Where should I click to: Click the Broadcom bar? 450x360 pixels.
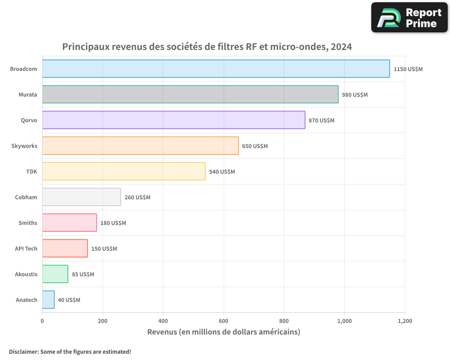[216, 69]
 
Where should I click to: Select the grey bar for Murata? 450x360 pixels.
[190, 94]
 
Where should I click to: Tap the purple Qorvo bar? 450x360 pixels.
[174, 120]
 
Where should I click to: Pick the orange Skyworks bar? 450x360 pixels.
[140, 146]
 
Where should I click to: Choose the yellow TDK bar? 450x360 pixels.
[124, 171]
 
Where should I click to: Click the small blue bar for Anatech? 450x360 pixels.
[48, 300]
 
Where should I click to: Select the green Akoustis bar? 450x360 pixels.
[55, 274]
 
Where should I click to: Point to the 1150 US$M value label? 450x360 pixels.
[408, 69]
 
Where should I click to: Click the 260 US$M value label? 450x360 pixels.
[137, 198]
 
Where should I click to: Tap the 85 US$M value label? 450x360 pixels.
[83, 274]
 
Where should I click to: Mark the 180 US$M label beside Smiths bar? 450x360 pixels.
[113, 223]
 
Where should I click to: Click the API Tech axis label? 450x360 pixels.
[26, 248]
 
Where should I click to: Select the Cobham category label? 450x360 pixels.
[26, 197]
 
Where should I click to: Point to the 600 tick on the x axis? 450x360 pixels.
[224, 321]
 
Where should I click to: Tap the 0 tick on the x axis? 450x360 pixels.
[42, 321]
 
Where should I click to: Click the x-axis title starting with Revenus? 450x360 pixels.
[224, 332]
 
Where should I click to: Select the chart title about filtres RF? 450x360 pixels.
[207, 47]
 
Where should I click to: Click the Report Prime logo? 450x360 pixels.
[409, 18]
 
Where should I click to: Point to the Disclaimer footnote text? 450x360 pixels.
[70, 352]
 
